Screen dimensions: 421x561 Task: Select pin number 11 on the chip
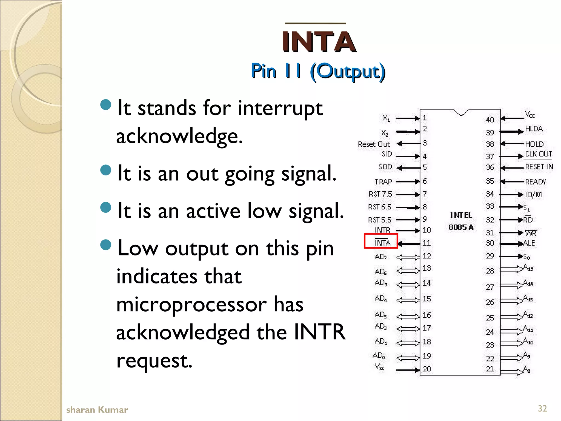click(x=427, y=243)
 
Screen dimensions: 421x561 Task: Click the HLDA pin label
click(x=534, y=129)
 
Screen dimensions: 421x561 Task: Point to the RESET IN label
click(x=539, y=167)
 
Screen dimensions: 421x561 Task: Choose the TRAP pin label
click(x=383, y=182)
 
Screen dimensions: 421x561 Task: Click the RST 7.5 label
click(x=380, y=194)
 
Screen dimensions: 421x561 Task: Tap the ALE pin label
click(x=529, y=243)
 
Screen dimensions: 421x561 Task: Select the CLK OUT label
click(x=538, y=154)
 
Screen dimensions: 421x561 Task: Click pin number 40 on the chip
click(x=490, y=120)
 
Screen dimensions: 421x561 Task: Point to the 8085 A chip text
click(x=461, y=227)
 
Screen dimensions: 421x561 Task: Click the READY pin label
click(x=535, y=182)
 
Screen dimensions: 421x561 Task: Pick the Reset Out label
click(x=374, y=144)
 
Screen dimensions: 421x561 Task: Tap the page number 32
click(x=542, y=408)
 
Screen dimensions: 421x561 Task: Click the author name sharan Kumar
click(x=97, y=410)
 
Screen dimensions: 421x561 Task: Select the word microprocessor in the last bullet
click(x=210, y=305)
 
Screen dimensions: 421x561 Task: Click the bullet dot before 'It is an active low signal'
click(x=106, y=207)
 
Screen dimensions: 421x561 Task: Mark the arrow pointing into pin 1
click(x=408, y=118)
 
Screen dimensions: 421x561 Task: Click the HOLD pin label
click(x=534, y=144)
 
